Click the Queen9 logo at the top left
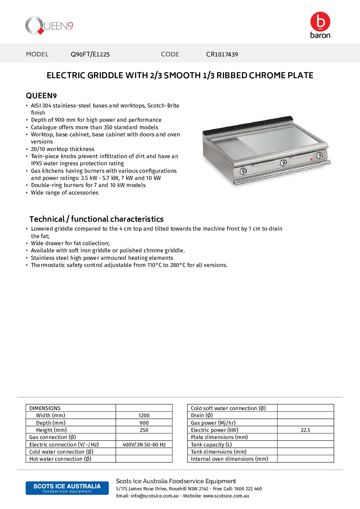49,26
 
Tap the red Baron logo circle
320,21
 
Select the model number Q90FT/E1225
90,54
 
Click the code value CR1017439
222,54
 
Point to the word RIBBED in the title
232,75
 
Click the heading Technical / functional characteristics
96,219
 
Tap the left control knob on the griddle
243,171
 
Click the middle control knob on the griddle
283,163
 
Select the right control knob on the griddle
320,155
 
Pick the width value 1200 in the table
144,415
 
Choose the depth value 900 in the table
144,423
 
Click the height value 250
144,430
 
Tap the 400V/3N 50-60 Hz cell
144,445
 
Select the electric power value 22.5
305,430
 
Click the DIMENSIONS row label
45,408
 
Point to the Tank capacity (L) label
211,445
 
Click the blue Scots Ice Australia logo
67,488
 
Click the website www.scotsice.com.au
226,496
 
